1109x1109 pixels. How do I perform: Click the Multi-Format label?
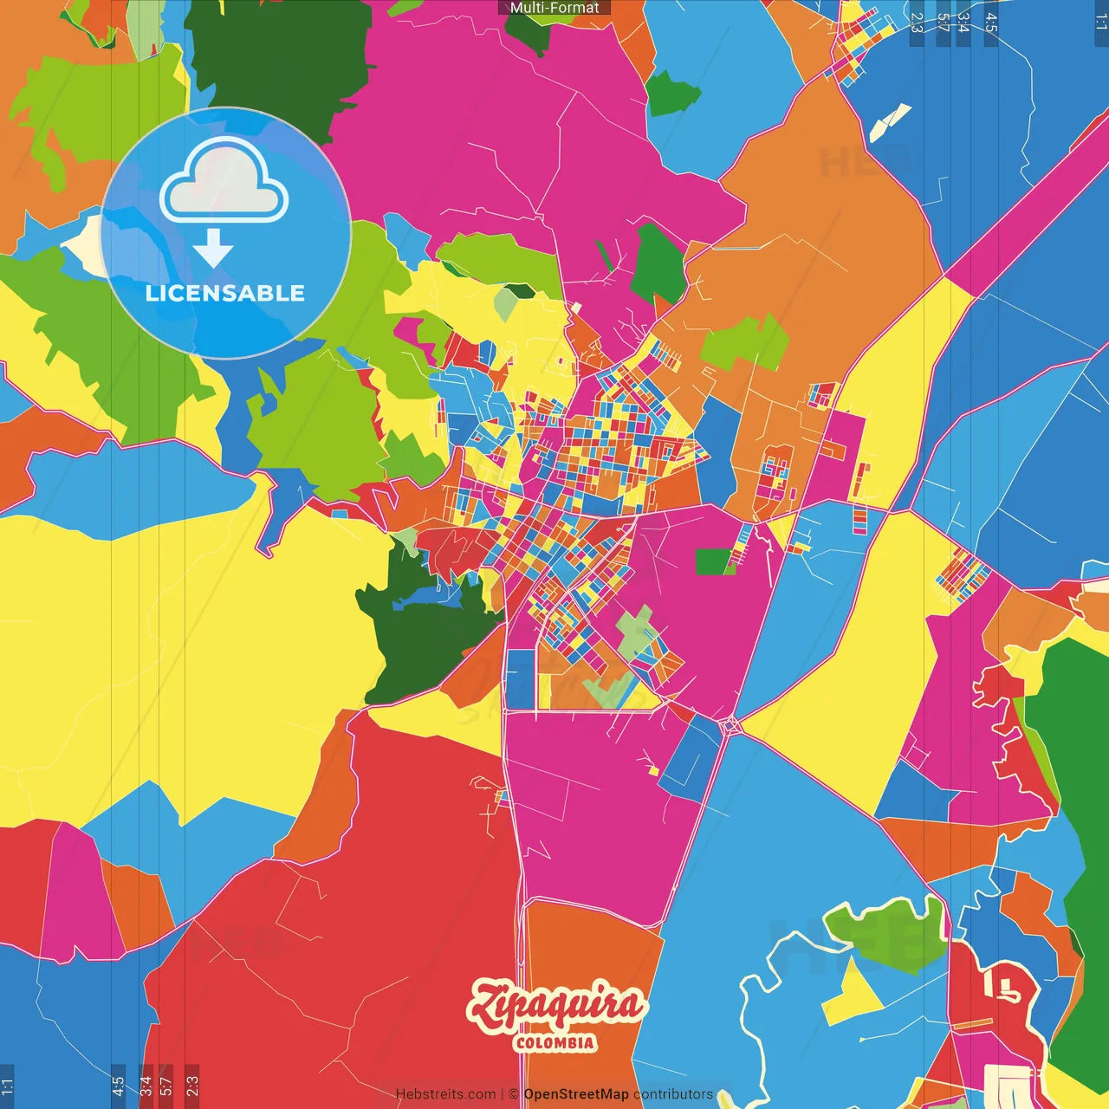pyautogui.click(x=554, y=8)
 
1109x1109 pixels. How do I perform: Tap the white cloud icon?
pyautogui.click(x=224, y=180)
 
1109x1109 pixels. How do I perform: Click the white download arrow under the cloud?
pyautogui.click(x=213, y=249)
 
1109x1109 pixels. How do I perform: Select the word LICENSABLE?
pyautogui.click(x=225, y=293)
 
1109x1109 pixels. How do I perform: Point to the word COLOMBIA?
pyautogui.click(x=555, y=1042)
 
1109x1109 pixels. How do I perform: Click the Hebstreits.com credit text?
pyautogui.click(x=445, y=1094)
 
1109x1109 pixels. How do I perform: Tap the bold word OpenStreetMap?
pyautogui.click(x=576, y=1094)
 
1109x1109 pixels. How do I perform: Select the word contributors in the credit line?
pyautogui.click(x=673, y=1094)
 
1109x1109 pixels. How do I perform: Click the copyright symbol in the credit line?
pyautogui.click(x=514, y=1094)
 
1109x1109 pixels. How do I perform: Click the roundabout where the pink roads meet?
pyautogui.click(x=730, y=724)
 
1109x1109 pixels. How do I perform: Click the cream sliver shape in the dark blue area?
pyautogui.click(x=890, y=122)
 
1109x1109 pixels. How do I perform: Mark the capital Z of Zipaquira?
pyautogui.click(x=487, y=1005)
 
